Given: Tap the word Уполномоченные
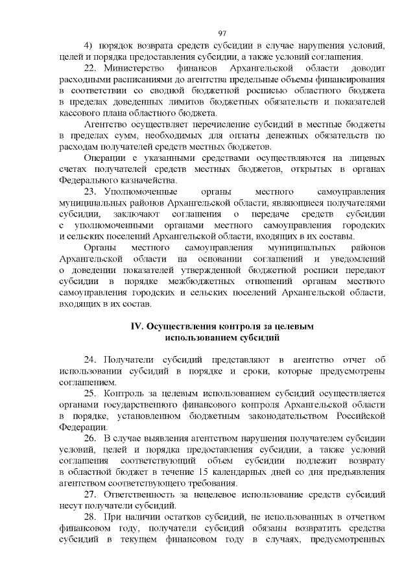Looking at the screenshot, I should coord(141,191).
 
